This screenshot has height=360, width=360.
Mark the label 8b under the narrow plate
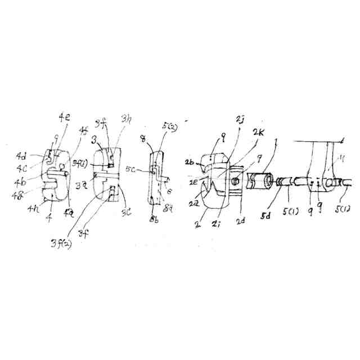pyautogui.click(x=155, y=218)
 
